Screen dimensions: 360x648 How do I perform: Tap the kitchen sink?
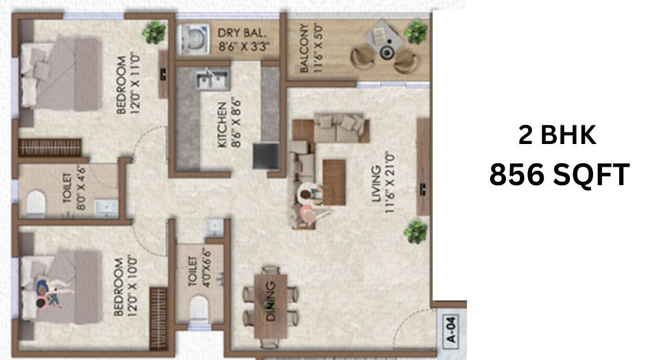212,80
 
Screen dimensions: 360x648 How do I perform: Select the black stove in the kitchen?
264,155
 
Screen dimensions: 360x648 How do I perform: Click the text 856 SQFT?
559,176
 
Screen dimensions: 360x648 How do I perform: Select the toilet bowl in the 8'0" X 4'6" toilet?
36,204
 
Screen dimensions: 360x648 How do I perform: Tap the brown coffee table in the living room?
333,181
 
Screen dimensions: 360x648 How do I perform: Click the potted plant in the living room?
416,231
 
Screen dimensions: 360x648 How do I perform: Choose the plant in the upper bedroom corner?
154,31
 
